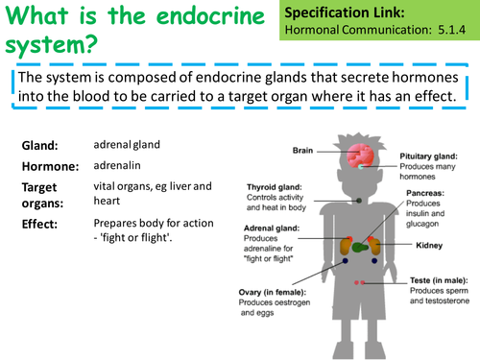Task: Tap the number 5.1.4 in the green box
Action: pos(452,31)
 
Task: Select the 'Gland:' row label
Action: pos(40,146)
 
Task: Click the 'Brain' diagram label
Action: pos(303,150)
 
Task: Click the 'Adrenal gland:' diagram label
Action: pos(278,229)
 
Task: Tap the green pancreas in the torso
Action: pos(358,246)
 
